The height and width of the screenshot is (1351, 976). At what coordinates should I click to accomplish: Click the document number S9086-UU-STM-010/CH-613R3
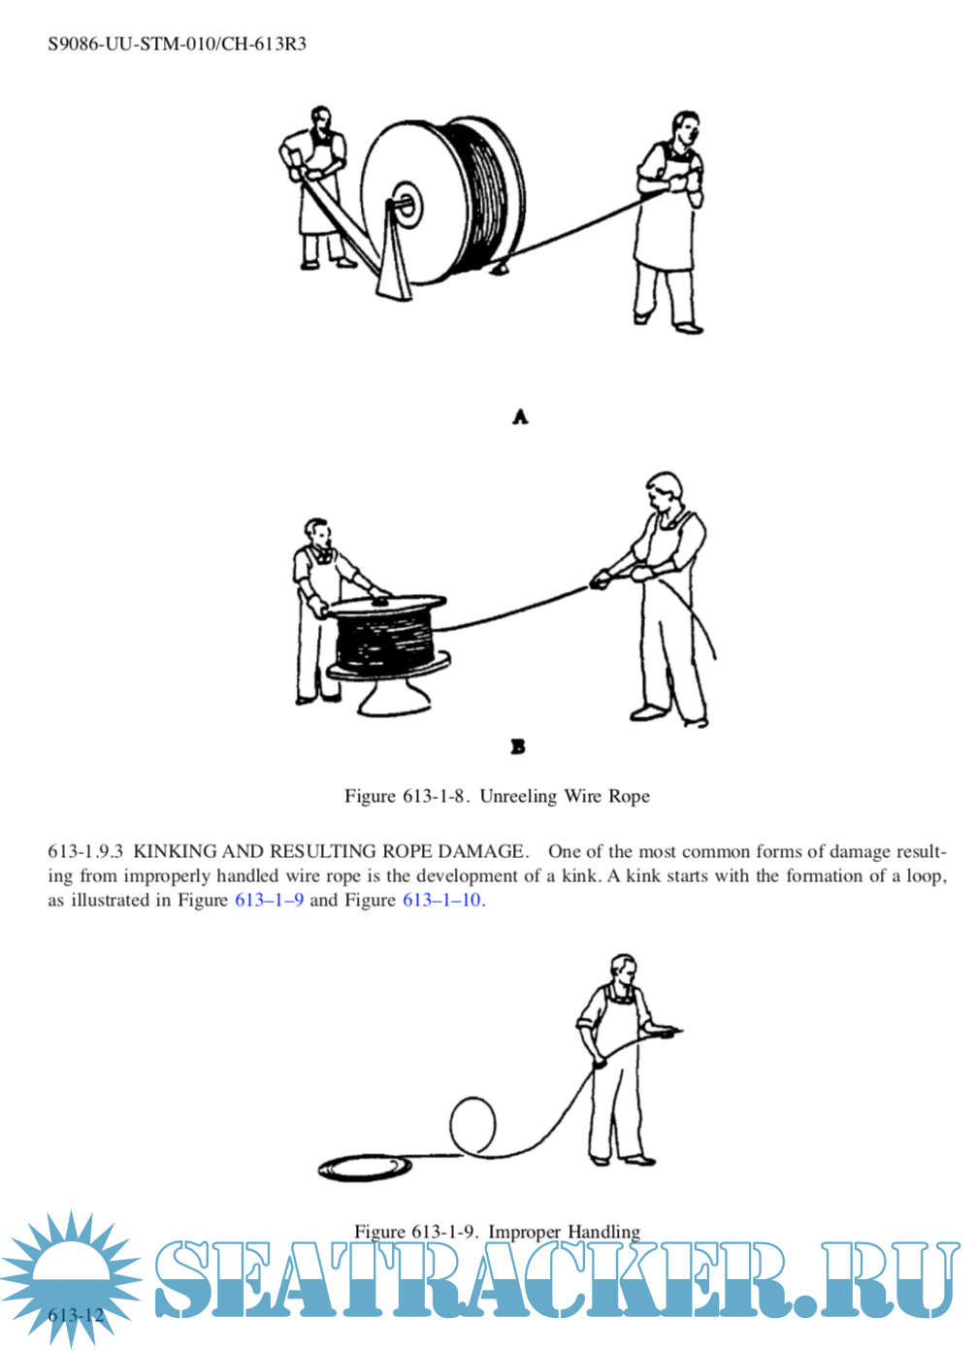[177, 44]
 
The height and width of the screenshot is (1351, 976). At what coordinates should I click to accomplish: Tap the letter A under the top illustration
[520, 416]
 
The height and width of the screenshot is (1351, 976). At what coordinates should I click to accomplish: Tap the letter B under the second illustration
[518, 746]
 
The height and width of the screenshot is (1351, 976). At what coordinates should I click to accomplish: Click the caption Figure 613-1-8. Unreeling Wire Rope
[497, 796]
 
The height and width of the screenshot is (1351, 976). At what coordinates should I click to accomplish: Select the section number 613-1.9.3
[85, 851]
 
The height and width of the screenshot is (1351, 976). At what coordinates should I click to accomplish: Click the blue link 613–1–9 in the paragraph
[269, 900]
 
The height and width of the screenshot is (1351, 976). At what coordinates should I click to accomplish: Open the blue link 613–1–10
[441, 900]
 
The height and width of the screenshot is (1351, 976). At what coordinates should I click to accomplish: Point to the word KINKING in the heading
[175, 851]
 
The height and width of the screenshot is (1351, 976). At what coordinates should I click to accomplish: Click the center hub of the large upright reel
[406, 205]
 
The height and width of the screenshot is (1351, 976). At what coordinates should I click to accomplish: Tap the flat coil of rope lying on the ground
[358, 1167]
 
